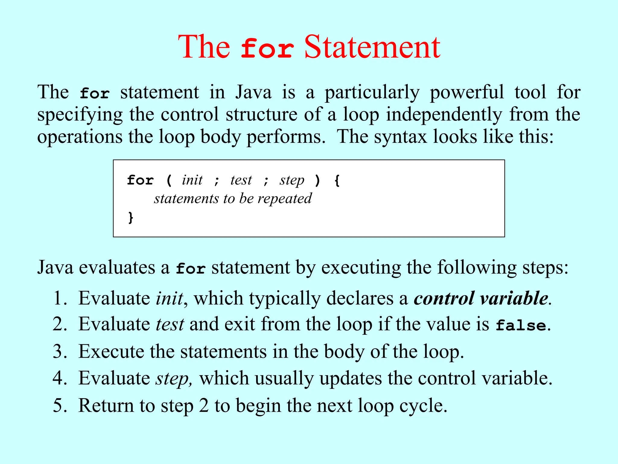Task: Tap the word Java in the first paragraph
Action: click(253, 92)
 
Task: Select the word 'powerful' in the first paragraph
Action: click(467, 92)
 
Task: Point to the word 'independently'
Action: click(444, 115)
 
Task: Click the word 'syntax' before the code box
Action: click(400, 137)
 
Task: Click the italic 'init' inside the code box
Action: click(192, 180)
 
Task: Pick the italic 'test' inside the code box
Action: click(241, 180)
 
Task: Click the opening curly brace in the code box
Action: click(337, 181)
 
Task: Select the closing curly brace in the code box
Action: click(131, 217)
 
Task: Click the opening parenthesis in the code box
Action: click(169, 181)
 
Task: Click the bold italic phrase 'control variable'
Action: click(481, 298)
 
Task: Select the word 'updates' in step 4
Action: click(351, 379)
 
